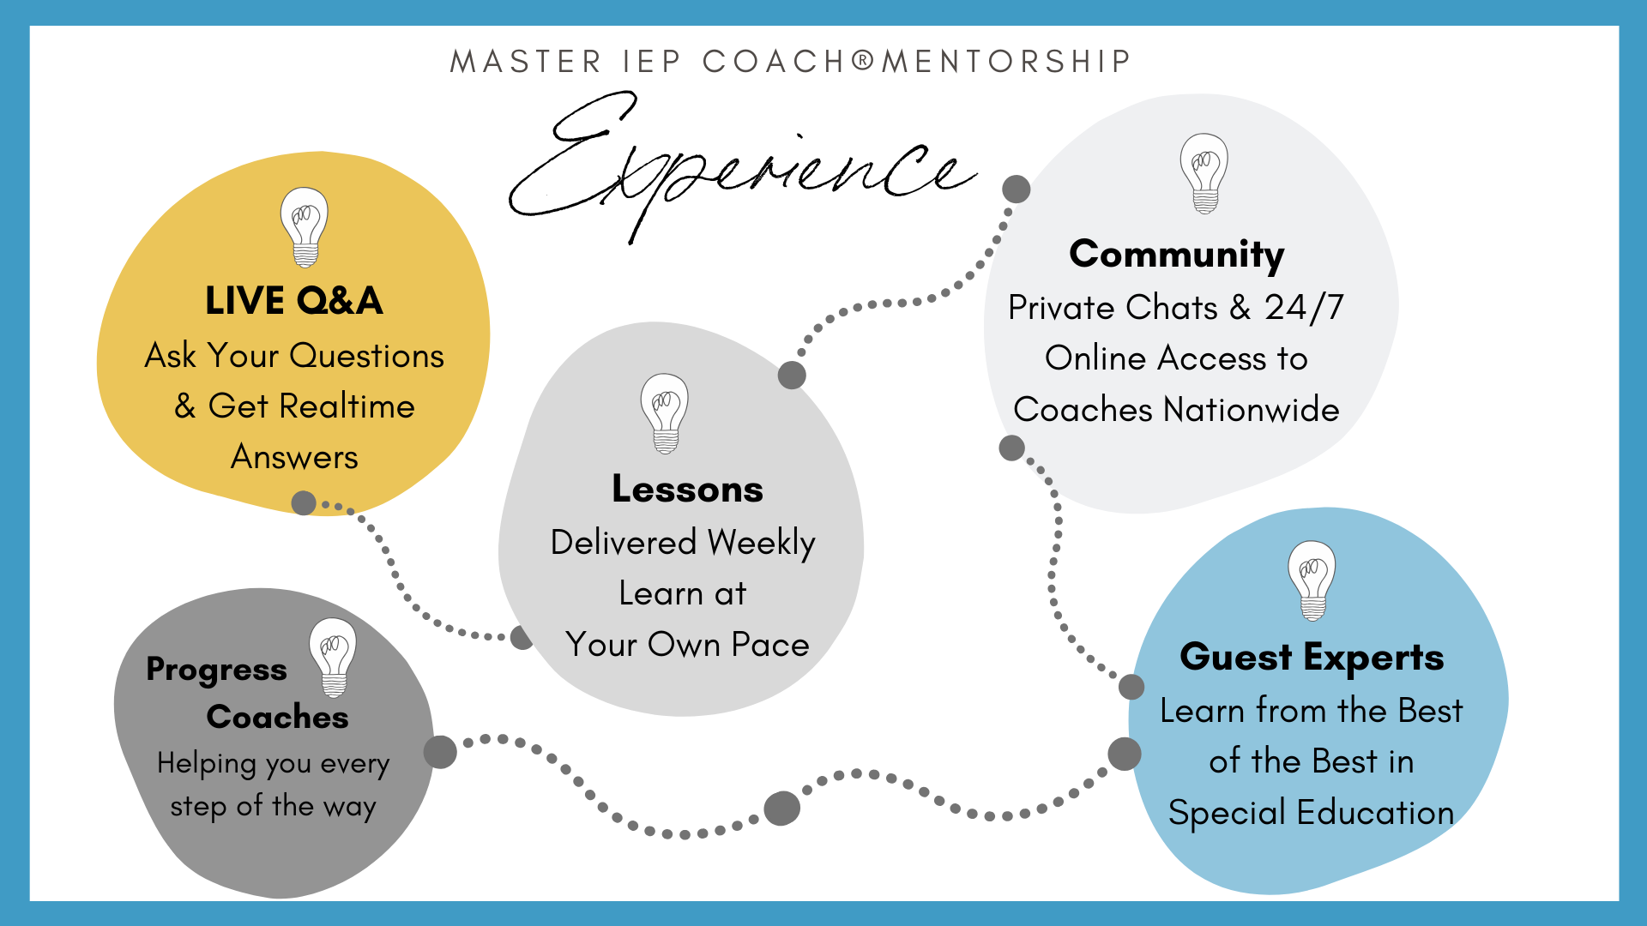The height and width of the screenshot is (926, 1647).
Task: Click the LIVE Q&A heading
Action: click(x=294, y=301)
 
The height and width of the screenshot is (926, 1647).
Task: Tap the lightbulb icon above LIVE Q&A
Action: click(x=305, y=227)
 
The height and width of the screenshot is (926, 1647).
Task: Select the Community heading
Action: click(x=1177, y=255)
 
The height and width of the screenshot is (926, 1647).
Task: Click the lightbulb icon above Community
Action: click(x=1204, y=173)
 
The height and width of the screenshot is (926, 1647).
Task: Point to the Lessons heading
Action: click(x=687, y=489)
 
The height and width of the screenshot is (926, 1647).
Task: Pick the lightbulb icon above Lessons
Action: click(x=665, y=413)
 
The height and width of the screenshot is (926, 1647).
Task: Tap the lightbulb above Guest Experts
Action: click(x=1312, y=580)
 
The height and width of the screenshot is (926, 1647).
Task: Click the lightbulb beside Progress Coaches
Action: click(x=333, y=658)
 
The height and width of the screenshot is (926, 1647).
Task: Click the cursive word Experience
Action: click(x=743, y=168)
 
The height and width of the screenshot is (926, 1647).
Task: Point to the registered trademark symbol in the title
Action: click(x=864, y=60)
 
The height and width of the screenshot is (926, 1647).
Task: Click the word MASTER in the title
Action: click(x=525, y=62)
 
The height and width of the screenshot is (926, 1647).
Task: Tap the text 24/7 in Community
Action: click(x=1304, y=308)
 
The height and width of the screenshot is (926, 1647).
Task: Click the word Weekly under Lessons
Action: click(x=762, y=544)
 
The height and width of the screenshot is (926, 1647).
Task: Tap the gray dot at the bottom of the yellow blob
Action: click(x=304, y=502)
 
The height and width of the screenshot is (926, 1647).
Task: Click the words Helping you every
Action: click(x=273, y=764)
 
